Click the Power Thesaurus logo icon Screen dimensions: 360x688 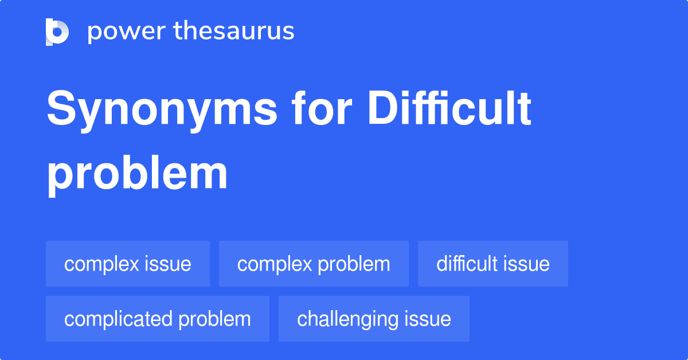pos(57,32)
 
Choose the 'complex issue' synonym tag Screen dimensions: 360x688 pos(128,264)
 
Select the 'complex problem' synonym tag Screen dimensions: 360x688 pos(314,264)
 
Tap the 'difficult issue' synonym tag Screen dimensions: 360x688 pos(493,264)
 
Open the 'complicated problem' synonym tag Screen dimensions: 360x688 pos(158,319)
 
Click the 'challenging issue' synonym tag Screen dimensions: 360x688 pos(374,319)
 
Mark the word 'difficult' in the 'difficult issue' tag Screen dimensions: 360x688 pos(467,264)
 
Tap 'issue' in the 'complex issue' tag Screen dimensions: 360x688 pos(169,264)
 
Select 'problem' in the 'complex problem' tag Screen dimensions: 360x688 pos(354,264)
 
